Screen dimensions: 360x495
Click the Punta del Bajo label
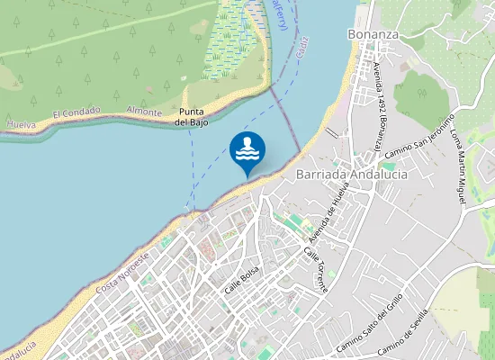(192, 116)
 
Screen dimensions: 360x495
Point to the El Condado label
(72, 114)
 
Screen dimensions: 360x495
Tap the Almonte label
(145, 112)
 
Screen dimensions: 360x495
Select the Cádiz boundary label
(301, 44)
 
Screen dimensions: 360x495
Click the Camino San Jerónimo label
(418, 139)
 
